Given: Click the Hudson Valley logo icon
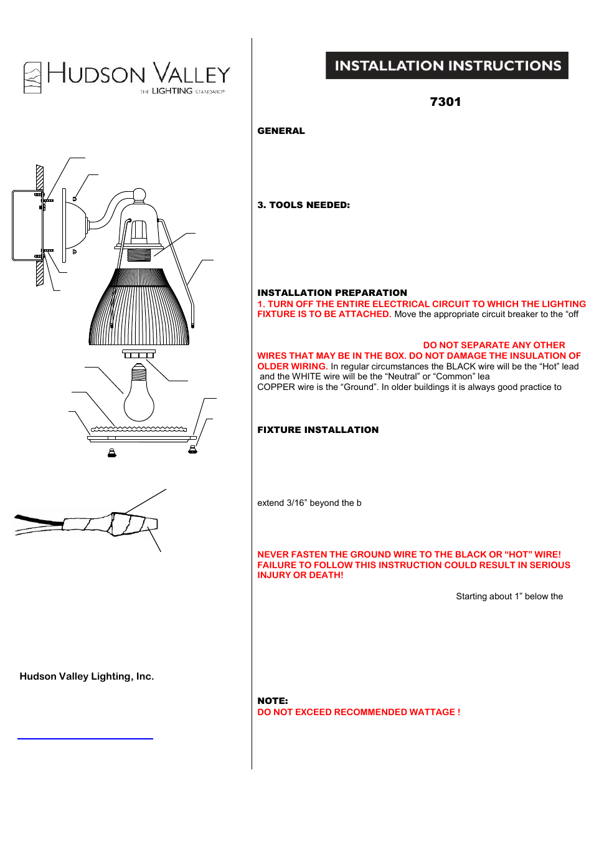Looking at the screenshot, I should (32, 78).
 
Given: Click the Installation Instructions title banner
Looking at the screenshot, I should (446, 65).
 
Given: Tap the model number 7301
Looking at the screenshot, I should (445, 102).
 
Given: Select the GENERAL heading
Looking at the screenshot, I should (281, 131).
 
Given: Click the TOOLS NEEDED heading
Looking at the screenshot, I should (303, 205).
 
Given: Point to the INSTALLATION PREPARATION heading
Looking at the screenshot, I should (332, 293).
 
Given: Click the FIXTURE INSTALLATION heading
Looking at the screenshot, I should (318, 430).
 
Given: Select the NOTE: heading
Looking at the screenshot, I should (272, 701).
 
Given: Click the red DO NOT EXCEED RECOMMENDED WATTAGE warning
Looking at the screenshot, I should (359, 712).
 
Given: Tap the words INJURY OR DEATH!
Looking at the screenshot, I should (300, 575).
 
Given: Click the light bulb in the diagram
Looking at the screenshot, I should (139, 399).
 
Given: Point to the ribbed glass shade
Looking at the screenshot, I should (139, 308).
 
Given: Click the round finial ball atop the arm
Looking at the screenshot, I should (139, 195).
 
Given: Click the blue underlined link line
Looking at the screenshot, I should (85, 738).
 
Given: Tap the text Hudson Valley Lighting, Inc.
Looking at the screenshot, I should (87, 677).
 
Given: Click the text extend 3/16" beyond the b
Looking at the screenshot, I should (309, 503).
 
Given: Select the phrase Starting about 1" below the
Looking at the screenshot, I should (509, 596).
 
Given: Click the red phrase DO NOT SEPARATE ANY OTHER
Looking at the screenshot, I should (494, 345).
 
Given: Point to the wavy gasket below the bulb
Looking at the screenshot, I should (139, 429).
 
